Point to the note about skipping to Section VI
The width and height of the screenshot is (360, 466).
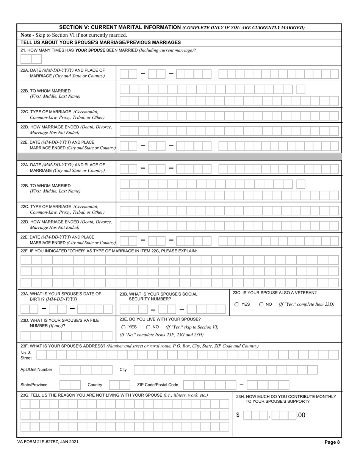click(74, 35)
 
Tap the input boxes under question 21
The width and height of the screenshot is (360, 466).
click(31, 59)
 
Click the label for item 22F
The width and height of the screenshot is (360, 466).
click(109, 251)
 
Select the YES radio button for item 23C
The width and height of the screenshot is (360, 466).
click(237, 304)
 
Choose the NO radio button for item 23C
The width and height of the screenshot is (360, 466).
click(261, 304)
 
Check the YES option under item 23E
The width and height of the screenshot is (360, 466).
click(124, 327)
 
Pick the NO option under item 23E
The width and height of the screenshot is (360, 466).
click(148, 327)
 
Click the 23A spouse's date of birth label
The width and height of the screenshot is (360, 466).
click(61, 296)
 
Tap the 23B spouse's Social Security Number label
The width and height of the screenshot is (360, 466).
click(158, 296)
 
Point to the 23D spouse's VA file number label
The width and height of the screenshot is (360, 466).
click(59, 323)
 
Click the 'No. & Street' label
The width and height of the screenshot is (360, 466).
click(26, 355)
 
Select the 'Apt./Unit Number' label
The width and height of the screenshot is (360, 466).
click(36, 369)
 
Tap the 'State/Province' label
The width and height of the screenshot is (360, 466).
click(34, 385)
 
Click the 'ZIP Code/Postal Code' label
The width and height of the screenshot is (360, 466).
click(157, 385)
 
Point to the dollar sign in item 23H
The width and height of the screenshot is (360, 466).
click(238, 415)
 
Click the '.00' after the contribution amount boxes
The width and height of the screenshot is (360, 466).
click(301, 415)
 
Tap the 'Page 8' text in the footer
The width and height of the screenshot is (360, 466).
click(332, 442)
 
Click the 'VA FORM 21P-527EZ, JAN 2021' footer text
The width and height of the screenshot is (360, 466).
click(48, 442)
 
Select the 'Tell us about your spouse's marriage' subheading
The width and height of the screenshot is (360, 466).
click(100, 42)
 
